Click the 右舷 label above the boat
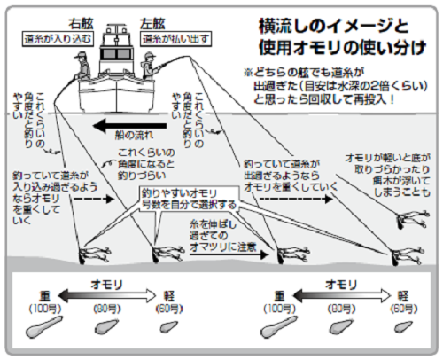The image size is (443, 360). coord(82,20)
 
